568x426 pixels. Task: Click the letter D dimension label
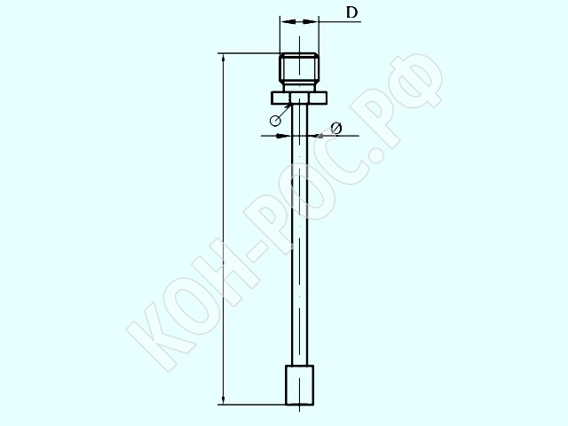point(351,12)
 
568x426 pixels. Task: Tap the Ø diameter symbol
point(336,128)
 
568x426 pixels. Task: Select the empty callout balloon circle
point(275,121)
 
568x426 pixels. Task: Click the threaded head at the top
point(299,69)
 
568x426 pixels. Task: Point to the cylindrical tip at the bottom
point(300,385)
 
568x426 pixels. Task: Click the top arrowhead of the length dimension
point(223,59)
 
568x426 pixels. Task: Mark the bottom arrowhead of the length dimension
point(223,399)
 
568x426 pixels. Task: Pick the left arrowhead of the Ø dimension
point(286,136)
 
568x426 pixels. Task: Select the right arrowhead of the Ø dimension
point(313,136)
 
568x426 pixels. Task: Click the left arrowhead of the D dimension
point(288,22)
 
